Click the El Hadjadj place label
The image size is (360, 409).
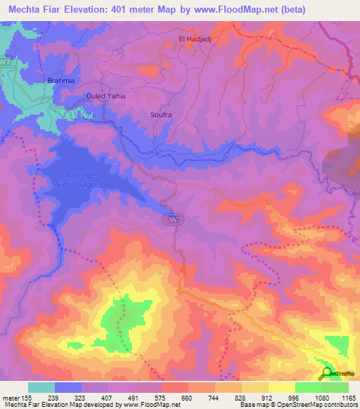pos(194,39)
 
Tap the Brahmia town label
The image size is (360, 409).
pos(60,81)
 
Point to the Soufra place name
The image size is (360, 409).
pos(161,113)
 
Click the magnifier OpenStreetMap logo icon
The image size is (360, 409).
pos(327,373)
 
